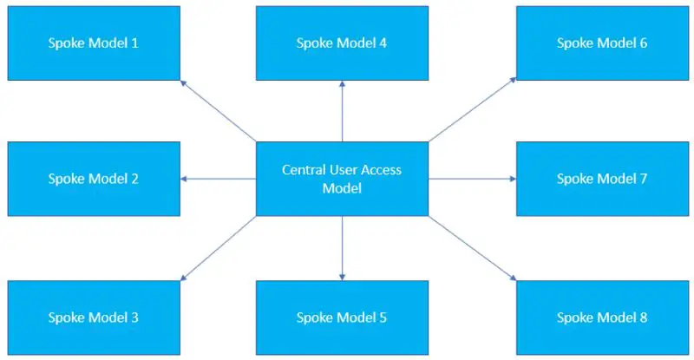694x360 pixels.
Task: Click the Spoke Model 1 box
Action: click(x=94, y=43)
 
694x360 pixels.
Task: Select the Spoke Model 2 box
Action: click(x=94, y=179)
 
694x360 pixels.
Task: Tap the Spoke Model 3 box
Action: click(x=94, y=317)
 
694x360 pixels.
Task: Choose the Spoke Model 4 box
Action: click(x=342, y=43)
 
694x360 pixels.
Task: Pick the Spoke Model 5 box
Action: click(x=342, y=317)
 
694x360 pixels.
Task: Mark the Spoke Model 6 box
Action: click(x=602, y=43)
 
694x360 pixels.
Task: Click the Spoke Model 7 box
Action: click(x=602, y=179)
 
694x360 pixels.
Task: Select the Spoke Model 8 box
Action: click(x=602, y=317)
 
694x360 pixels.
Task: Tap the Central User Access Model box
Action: click(x=342, y=179)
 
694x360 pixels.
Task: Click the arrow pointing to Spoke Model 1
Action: click(x=219, y=111)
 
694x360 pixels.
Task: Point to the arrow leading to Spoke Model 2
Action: click(x=219, y=179)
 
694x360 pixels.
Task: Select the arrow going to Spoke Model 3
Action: click(x=219, y=249)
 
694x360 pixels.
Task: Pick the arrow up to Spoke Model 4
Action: click(x=342, y=111)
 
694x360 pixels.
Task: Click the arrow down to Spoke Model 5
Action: click(x=342, y=248)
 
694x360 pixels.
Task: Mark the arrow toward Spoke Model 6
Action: click(x=473, y=111)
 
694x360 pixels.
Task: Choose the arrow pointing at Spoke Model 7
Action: click(x=473, y=179)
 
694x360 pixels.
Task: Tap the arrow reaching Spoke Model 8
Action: click(x=473, y=249)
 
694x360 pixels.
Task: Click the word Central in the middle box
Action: click(x=304, y=170)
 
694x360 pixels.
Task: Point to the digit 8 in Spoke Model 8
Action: click(x=643, y=317)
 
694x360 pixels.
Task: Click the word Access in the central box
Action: click(x=381, y=170)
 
